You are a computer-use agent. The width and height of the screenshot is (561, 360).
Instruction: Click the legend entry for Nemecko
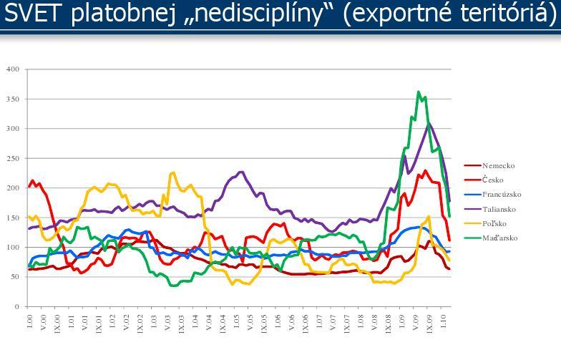point(497,166)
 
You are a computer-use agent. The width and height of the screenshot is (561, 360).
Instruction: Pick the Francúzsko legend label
point(501,195)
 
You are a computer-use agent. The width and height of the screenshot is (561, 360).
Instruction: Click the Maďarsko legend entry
point(499,238)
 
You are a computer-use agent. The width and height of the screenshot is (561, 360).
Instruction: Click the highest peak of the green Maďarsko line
point(419,92)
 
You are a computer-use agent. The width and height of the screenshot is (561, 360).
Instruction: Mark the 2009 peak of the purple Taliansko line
point(429,124)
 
